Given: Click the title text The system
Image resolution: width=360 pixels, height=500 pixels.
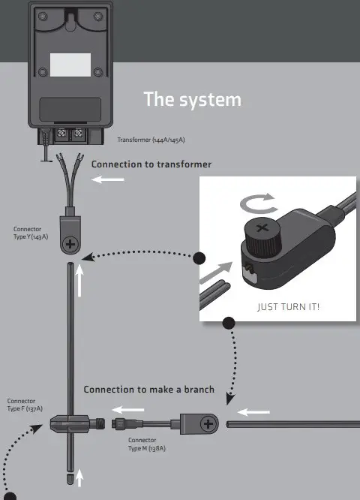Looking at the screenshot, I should [192, 99].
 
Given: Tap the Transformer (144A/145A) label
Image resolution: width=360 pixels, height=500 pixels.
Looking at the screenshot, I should [151, 140].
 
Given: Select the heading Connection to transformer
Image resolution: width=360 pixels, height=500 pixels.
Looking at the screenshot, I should [151, 164].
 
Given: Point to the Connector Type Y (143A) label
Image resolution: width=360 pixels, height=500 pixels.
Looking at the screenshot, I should [31, 233].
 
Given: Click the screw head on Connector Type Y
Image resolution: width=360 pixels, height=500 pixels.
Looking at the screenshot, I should [70, 244].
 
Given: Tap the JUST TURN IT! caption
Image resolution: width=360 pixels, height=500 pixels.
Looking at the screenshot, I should [288, 307].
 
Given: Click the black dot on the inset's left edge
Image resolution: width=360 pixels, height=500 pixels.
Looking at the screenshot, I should [199, 259].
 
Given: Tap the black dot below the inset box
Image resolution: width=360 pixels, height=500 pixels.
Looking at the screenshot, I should [229, 323].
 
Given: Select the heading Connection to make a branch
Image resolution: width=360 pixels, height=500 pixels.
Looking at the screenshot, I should [148, 390].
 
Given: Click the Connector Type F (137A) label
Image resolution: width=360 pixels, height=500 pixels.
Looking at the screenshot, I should [25, 405].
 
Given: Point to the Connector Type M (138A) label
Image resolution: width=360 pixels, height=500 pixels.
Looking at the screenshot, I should [146, 444].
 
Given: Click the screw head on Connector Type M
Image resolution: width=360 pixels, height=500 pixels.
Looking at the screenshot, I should [208, 424].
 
